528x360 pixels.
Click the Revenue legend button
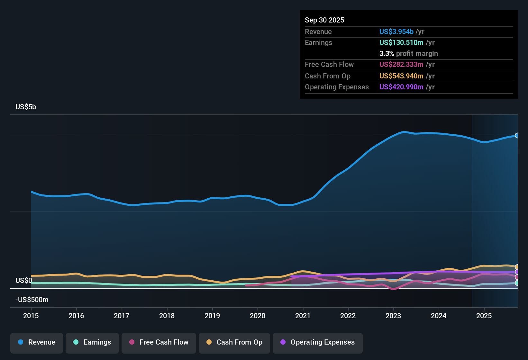point(37,342)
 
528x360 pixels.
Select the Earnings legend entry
point(92,342)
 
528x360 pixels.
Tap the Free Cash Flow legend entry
point(159,342)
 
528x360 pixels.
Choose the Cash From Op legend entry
point(234,342)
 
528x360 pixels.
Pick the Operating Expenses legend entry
point(318,342)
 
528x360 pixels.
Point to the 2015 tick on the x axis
point(31,316)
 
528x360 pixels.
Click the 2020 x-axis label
point(258,316)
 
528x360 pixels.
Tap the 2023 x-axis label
point(393,316)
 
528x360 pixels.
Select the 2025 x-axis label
point(484,316)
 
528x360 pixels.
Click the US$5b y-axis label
point(26,107)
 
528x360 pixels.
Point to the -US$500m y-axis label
point(32,300)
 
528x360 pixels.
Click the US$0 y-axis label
point(24,281)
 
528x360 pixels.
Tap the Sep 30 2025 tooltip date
point(324,20)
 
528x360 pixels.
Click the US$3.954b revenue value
point(396,32)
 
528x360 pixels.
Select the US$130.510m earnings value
point(401,43)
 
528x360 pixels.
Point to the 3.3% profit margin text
point(408,54)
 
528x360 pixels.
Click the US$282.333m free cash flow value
point(401,65)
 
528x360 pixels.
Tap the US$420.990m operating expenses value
point(401,87)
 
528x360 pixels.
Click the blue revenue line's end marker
point(517,136)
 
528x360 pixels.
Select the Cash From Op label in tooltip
point(327,76)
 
